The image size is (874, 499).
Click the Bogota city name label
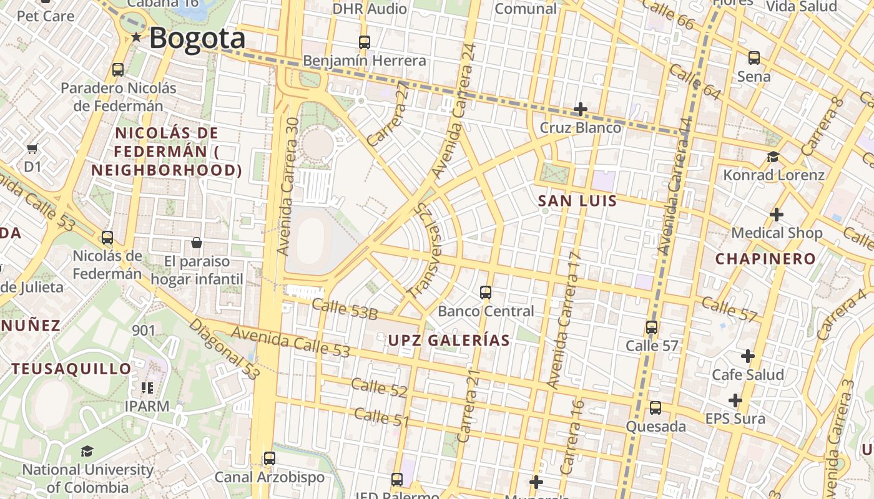click(197, 38)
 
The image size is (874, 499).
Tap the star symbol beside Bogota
click(136, 37)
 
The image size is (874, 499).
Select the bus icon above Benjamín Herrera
click(365, 42)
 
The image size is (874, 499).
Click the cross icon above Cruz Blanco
click(581, 109)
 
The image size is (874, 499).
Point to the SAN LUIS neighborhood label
click(577, 201)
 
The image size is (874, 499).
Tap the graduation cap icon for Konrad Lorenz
click(773, 157)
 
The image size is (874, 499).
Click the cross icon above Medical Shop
click(777, 215)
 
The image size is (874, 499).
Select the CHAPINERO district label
click(765, 259)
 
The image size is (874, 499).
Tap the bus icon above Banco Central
click(486, 292)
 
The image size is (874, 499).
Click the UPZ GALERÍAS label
click(449, 341)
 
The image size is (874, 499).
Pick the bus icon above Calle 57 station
click(652, 327)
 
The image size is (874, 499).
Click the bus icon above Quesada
click(655, 408)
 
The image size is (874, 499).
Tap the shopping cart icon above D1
click(32, 148)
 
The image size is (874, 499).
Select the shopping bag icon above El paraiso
click(197, 243)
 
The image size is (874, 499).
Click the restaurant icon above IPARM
click(147, 388)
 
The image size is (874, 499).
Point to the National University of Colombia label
click(87, 478)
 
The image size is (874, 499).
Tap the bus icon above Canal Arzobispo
click(270, 458)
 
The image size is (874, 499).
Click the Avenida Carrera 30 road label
click(288, 187)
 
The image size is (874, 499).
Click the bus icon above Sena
click(754, 58)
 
